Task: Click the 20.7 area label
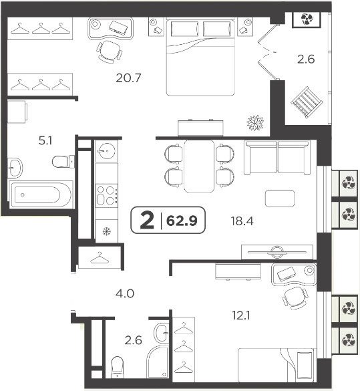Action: pos(128,78)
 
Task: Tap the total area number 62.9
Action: pos(182,221)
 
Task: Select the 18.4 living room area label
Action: pos(242,221)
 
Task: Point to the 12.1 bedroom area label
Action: pos(241,316)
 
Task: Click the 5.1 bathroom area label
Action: pos(45,141)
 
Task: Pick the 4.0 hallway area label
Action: pos(125,293)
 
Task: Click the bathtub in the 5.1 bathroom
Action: pos(41,194)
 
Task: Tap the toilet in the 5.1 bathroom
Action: pos(63,162)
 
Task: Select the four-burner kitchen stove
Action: pos(107,196)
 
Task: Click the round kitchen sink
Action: pos(107,151)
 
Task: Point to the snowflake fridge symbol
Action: pos(107,232)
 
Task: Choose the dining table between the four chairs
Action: pos(199,166)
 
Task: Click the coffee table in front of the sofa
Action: pos(280,199)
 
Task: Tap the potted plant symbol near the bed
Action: pos(255,123)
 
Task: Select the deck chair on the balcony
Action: pos(307,102)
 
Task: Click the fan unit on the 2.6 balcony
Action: pos(307,19)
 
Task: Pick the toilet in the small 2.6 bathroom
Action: pos(117,367)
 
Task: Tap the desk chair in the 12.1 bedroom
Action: pos(295,298)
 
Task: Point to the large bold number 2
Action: pos(147,220)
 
